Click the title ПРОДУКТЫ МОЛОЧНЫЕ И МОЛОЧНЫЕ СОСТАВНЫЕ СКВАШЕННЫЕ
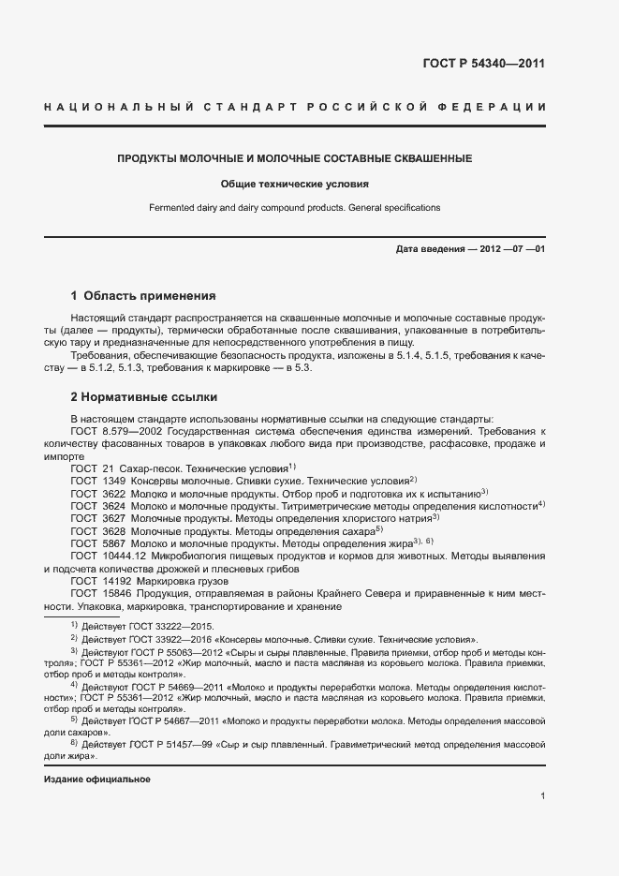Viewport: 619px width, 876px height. (294, 158)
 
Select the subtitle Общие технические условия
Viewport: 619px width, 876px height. (294, 185)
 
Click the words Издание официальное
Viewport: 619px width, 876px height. (97, 779)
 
